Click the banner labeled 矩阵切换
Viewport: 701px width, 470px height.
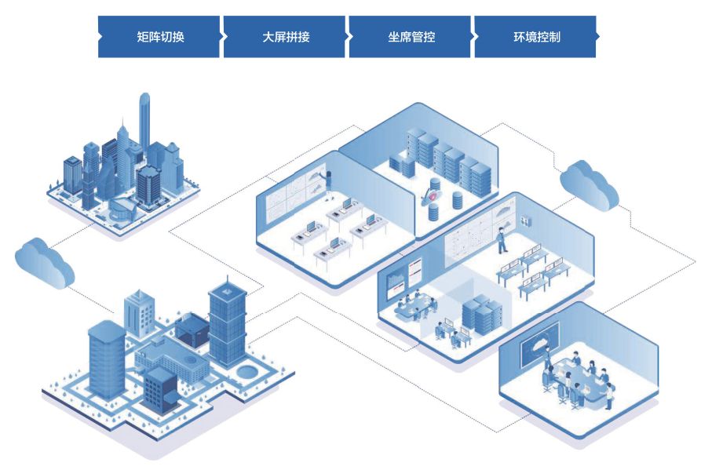coord(159,36)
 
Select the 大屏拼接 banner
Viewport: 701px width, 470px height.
coord(285,36)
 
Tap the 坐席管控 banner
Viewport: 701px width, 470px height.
coord(411,36)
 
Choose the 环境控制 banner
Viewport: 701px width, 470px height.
coord(536,36)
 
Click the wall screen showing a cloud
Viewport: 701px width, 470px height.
coord(541,344)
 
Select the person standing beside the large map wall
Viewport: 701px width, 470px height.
coord(500,239)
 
